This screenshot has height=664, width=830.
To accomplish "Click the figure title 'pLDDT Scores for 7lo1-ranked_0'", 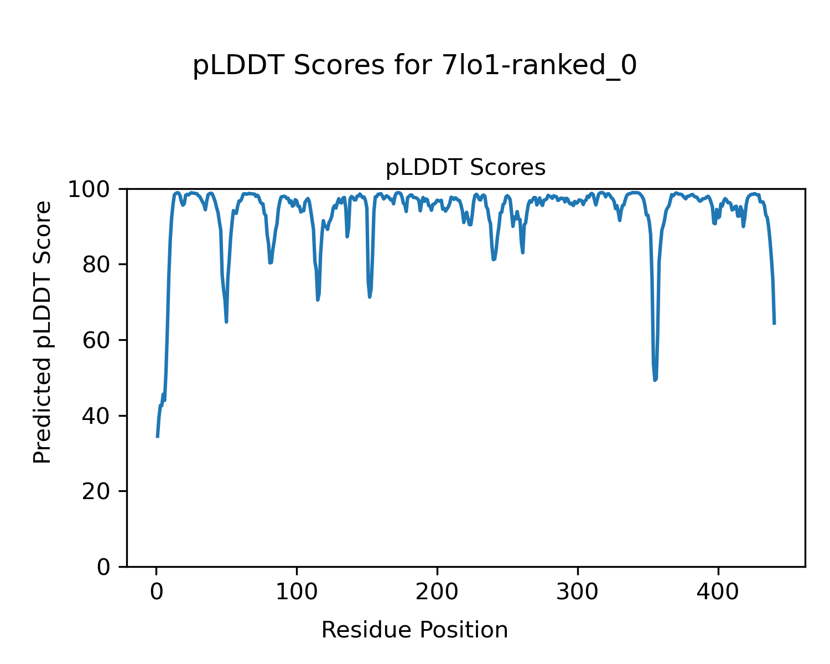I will pyautogui.click(x=414, y=66).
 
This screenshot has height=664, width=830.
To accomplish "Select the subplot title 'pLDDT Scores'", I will pyautogui.click(x=465, y=168).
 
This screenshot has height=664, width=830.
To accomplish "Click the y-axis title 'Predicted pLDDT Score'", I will pyautogui.click(x=43, y=332).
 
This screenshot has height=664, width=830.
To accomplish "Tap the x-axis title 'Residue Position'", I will pyautogui.click(x=414, y=630).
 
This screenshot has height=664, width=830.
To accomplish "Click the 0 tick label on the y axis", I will pyautogui.click(x=104, y=567).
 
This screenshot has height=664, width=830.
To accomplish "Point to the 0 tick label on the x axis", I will pyautogui.click(x=157, y=592).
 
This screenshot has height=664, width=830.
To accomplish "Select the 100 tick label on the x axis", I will pyautogui.click(x=297, y=592).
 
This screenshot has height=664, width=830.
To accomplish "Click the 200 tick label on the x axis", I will pyautogui.click(x=437, y=592).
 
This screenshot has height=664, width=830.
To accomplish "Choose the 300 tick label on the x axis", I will pyautogui.click(x=578, y=592).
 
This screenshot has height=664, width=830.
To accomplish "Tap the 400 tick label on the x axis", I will pyautogui.click(x=718, y=592).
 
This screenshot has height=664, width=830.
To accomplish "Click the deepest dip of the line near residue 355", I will pyautogui.click(x=655, y=380).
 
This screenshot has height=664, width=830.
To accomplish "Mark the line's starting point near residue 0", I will pyautogui.click(x=158, y=437).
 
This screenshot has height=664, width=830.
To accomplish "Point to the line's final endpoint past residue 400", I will pyautogui.click(x=774, y=323).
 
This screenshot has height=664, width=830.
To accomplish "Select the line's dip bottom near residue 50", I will pyautogui.click(x=226, y=321).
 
